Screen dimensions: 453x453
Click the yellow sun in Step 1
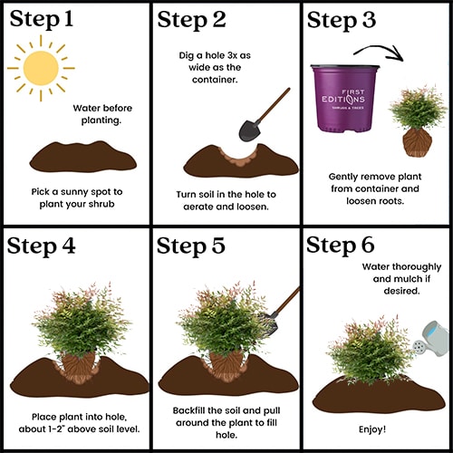pyautogui.click(x=41, y=68)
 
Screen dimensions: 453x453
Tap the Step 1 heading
pyautogui.click(x=42, y=19)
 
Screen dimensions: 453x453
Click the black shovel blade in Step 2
pyautogui.click(x=249, y=130)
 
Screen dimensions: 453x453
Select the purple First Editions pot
pyautogui.click(x=345, y=98)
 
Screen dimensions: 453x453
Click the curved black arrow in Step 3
pyautogui.click(x=378, y=48)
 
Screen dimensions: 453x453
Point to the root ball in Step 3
pyautogui.click(x=418, y=142)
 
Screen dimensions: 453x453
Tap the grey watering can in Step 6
pyautogui.click(x=432, y=339)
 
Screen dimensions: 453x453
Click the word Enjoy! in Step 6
pyautogui.click(x=372, y=429)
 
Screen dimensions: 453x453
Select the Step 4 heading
pyautogui.click(x=41, y=246)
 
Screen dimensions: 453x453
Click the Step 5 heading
pyautogui.click(x=191, y=246)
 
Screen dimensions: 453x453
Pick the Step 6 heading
pyautogui.click(x=341, y=246)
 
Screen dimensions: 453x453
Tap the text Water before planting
pyautogui.click(x=102, y=114)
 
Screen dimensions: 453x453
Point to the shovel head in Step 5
pyautogui.click(x=269, y=323)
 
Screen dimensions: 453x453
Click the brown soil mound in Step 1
pyautogui.click(x=83, y=157)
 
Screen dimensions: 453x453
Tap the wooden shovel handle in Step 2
pyautogui.click(x=274, y=104)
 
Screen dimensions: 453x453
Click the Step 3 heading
pyautogui.click(x=342, y=20)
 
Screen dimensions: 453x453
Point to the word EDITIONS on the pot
pyautogui.click(x=343, y=100)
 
